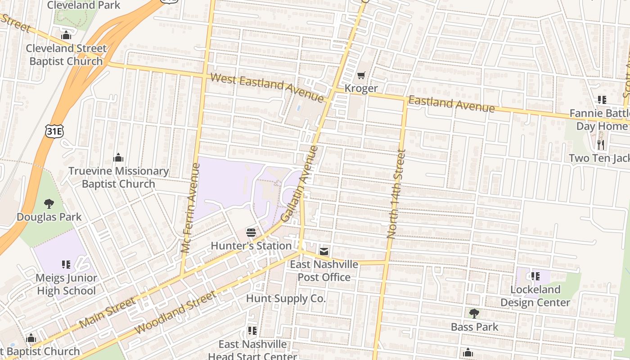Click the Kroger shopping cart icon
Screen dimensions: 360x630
361,75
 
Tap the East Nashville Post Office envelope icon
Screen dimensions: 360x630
324,251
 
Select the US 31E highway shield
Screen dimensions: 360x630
54,131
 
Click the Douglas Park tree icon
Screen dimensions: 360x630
49,204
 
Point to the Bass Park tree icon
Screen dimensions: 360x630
474,314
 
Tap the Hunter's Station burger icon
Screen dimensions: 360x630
251,233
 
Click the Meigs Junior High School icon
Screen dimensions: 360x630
66,265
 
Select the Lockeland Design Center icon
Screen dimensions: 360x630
535,276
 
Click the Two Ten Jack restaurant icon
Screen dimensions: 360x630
601,144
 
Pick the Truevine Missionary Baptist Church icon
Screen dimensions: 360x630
118,157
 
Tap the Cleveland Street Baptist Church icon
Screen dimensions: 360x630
66,35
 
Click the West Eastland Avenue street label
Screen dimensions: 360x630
267,87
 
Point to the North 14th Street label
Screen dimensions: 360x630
396,193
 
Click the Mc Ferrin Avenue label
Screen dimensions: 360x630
190,207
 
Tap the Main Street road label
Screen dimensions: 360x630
107,312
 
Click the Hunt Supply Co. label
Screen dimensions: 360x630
285,298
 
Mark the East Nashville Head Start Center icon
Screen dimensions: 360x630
252,331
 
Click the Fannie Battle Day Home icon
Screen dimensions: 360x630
602,100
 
